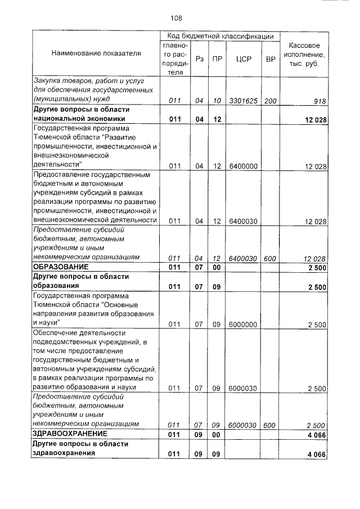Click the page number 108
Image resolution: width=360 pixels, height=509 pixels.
coord(177,18)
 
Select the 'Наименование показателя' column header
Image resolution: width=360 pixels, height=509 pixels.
coord(96,53)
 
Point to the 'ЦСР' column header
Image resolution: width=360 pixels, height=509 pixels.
coord(244,58)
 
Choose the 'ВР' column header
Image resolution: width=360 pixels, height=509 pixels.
coord(270,58)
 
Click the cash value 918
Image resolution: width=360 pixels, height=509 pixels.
coord(319,101)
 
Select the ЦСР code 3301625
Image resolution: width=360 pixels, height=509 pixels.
coord(244,101)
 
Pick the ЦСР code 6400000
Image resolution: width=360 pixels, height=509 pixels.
coord(244,166)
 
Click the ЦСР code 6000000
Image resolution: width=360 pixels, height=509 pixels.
coord(244,325)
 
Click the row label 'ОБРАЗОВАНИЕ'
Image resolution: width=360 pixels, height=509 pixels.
coord(60,267)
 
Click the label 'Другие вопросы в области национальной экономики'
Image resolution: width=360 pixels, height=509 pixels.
coord(81,114)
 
